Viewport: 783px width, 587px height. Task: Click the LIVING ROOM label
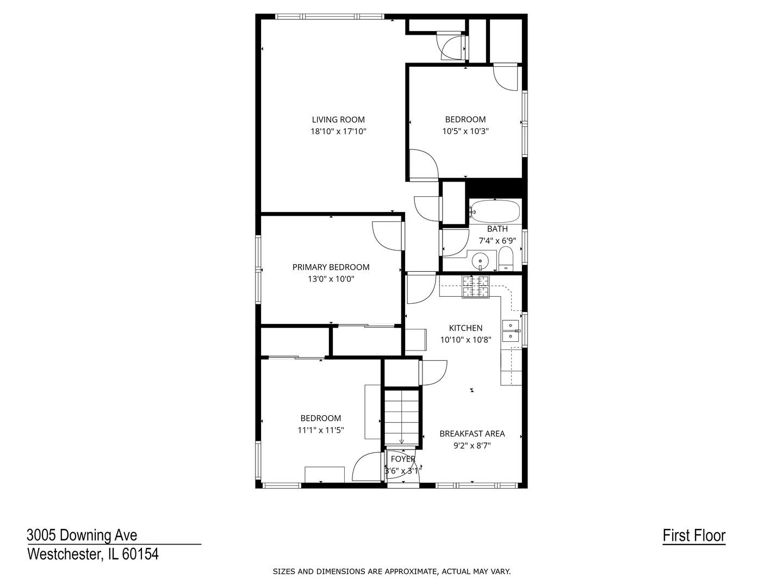tap(338, 120)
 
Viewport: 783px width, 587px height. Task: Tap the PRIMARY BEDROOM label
tap(331, 267)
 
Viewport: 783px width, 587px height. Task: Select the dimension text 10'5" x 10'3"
tap(465, 131)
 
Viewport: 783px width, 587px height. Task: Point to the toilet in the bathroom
tap(506, 259)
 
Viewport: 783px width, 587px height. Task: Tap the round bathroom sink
tap(481, 261)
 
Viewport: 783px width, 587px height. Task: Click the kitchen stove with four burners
tap(476, 286)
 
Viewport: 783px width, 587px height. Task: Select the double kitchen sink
tap(511, 331)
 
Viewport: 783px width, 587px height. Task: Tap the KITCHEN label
tap(465, 328)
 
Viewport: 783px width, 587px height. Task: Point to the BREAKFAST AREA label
tap(472, 433)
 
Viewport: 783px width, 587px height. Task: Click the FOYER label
tap(403, 459)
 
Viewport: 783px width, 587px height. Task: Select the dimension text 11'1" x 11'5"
tap(321, 430)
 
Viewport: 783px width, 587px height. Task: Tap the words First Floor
tap(694, 535)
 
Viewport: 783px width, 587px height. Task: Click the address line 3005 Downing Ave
tap(82, 535)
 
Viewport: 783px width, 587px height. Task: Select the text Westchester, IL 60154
tap(93, 554)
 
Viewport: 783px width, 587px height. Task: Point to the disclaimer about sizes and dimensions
tap(391, 571)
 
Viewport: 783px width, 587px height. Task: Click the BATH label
tap(497, 229)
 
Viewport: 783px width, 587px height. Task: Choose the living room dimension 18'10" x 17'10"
tap(338, 132)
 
